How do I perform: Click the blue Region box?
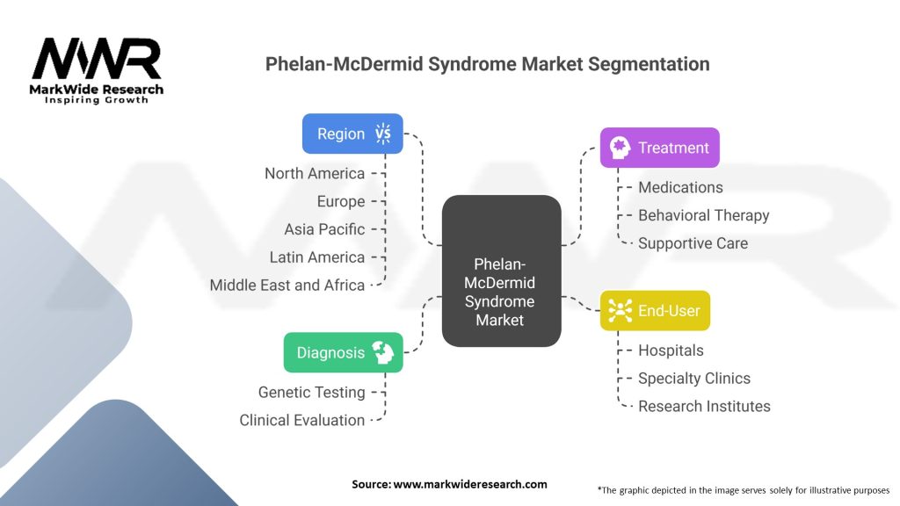coord(352,134)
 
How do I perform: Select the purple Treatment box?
coord(659,148)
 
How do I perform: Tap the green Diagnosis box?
coord(344,352)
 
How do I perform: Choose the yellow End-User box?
coord(655,310)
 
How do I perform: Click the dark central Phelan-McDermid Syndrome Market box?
coord(502,271)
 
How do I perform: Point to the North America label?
coord(315,173)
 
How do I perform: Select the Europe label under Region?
coord(341,201)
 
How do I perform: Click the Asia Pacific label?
coord(324,229)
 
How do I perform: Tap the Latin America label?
coord(316,257)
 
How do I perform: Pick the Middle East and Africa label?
coord(287,286)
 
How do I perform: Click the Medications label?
coord(680,187)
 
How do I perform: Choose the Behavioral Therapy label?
coord(704,215)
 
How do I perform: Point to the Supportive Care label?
coord(693,243)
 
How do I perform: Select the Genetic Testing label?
coord(312,393)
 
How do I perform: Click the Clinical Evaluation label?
coord(302,420)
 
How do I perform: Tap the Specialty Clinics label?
coord(694,378)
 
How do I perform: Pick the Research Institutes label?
coord(704,406)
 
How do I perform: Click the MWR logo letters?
coord(97,59)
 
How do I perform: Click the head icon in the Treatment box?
coord(620,148)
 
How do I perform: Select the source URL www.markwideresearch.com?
coord(470,484)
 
